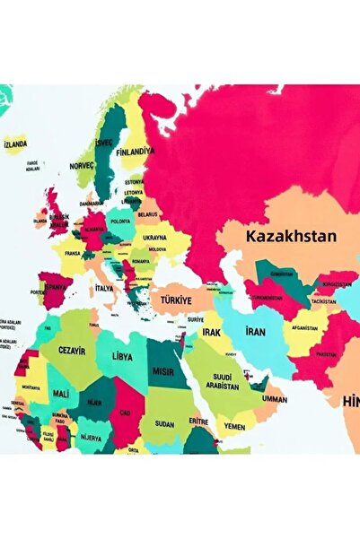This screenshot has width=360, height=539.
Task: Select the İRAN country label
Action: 255,332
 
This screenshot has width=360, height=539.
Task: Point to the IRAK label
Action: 211,332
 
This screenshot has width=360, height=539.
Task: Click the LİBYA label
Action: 122,355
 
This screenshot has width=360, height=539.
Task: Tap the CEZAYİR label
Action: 72,351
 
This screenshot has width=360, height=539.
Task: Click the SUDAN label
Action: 165,423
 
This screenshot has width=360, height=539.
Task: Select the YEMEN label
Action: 233,427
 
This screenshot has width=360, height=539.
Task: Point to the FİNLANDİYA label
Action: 136,151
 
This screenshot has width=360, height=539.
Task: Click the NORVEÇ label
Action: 82,167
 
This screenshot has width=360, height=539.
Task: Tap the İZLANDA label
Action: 15,143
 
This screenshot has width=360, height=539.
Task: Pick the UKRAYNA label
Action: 154,238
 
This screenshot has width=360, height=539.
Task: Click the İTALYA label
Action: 104,289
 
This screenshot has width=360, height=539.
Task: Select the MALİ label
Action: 60,393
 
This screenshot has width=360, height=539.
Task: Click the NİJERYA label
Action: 92,437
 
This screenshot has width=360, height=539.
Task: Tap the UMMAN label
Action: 275,398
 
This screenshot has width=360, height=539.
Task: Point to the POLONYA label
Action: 119,221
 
